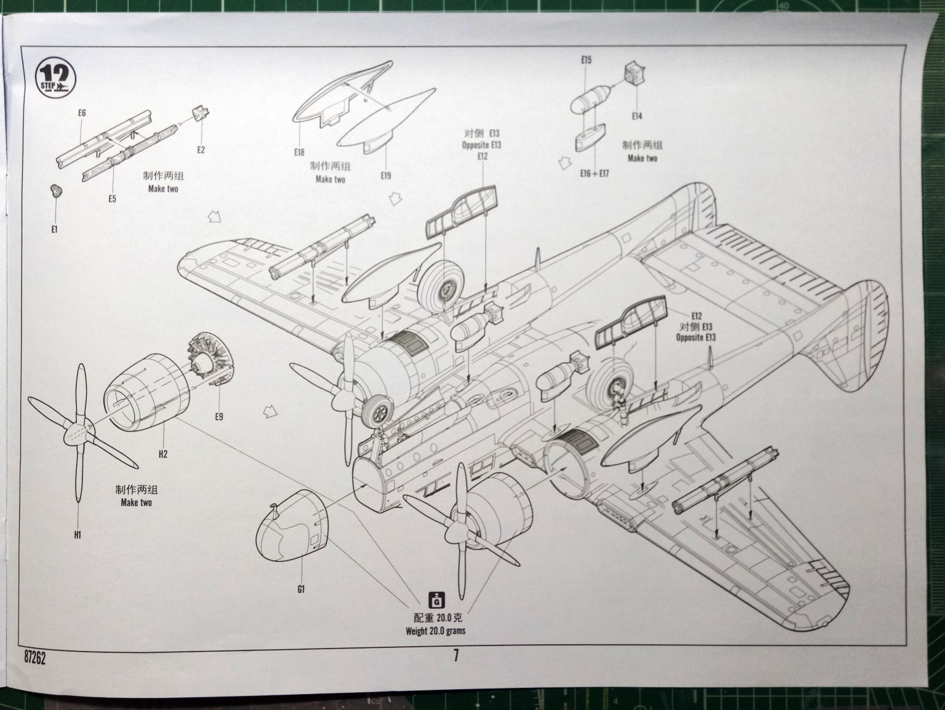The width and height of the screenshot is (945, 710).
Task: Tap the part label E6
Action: click(82, 113)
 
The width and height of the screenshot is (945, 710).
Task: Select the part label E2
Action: click(201, 150)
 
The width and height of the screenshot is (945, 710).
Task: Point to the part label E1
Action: click(54, 229)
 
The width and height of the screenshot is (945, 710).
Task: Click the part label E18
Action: click(299, 152)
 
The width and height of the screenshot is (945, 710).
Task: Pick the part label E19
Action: click(386, 176)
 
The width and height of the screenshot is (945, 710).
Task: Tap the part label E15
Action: click(586, 60)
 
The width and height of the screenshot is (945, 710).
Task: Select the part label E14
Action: click(637, 116)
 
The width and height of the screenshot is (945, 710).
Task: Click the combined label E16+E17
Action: click(595, 173)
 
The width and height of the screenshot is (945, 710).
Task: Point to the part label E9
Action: click(219, 417)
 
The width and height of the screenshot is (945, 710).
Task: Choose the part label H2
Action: click(163, 454)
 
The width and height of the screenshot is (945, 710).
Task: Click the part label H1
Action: click(77, 535)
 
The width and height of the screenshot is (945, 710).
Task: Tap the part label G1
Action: click(301, 589)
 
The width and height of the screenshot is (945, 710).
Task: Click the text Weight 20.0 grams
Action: click(435, 631)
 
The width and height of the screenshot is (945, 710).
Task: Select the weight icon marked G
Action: click(436, 599)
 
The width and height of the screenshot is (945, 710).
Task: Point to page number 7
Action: click(456, 656)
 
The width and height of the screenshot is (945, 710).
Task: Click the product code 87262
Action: click(35, 659)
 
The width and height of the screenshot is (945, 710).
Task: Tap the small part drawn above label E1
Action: click(55, 191)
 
